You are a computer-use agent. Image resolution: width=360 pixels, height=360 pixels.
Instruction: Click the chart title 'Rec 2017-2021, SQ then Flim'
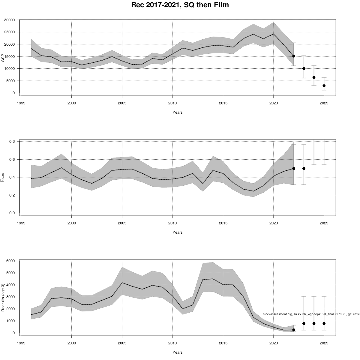pyautogui.click(x=180, y=5)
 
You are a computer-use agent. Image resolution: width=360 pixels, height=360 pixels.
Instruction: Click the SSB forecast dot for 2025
pyautogui.click(x=324, y=86)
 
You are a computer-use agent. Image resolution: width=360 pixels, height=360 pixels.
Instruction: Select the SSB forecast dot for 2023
pyautogui.click(x=304, y=68)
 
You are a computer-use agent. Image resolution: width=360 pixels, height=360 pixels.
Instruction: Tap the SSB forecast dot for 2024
pyautogui.click(x=314, y=77)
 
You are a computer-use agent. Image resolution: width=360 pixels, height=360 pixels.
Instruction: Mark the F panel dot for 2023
pyautogui.click(x=304, y=169)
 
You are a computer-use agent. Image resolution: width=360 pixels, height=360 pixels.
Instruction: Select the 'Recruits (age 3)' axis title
pyautogui.click(x=3, y=297)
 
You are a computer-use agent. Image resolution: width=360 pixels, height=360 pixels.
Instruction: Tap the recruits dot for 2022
pyautogui.click(x=294, y=330)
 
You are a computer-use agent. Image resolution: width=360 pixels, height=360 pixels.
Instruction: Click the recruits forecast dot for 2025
pyautogui.click(x=324, y=323)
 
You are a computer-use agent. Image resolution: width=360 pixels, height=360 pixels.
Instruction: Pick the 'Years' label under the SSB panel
pyautogui.click(x=177, y=112)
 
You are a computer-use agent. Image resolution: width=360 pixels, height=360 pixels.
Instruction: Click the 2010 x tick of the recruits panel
pyautogui.click(x=172, y=343)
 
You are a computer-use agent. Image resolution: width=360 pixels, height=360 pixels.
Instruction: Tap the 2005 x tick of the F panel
pyautogui.click(x=122, y=223)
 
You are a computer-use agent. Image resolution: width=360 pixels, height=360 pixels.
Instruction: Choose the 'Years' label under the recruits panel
pyautogui.click(x=177, y=352)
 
